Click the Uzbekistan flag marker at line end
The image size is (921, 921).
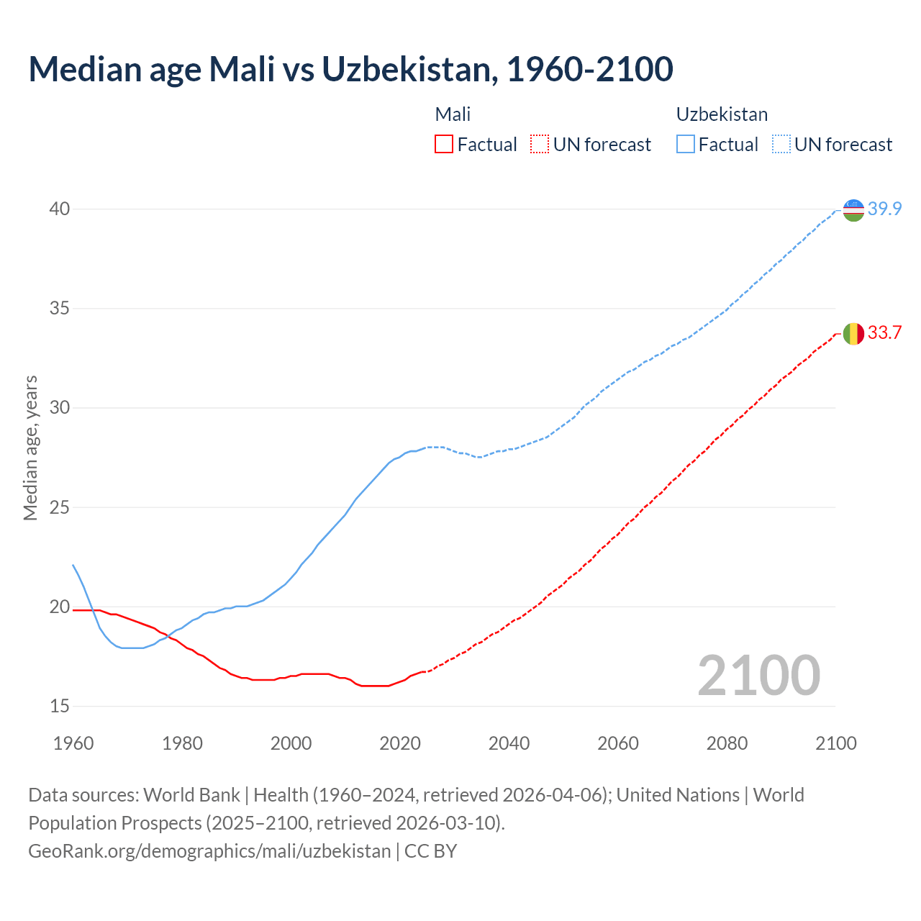[x=853, y=210]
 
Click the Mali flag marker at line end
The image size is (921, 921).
[x=853, y=334]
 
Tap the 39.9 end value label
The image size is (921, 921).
[x=884, y=209]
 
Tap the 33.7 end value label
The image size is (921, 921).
[x=884, y=333]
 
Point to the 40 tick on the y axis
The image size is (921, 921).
[x=60, y=209]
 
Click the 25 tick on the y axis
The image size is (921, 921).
[x=60, y=507]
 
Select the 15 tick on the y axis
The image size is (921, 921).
[x=60, y=707]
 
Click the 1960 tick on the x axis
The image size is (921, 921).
[x=73, y=743]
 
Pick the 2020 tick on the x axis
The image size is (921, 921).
[x=400, y=743]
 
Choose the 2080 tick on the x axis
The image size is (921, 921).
[x=727, y=743]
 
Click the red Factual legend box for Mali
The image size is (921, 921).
[x=444, y=145]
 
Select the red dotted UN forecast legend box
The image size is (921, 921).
[x=540, y=145]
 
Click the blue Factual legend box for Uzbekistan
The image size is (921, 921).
[x=686, y=145]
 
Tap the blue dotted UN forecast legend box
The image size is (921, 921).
[x=781, y=145]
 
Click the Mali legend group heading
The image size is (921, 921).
[x=453, y=114]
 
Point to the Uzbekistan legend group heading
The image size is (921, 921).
[x=722, y=114]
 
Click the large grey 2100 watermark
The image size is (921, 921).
[x=758, y=676]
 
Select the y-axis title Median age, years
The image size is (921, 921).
[x=30, y=448]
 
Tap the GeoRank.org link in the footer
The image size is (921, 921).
[x=209, y=851]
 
